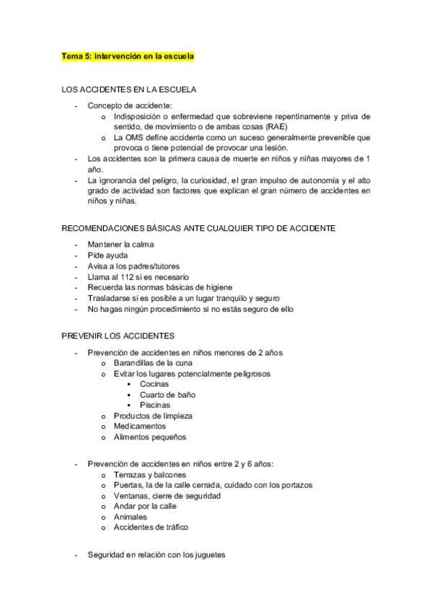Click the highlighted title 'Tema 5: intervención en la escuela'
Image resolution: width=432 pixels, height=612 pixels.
point(128,56)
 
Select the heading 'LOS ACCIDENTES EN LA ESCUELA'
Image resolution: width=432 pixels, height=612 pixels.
point(130,89)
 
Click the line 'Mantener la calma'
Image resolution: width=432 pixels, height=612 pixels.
point(120,245)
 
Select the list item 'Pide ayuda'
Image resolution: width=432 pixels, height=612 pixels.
point(108,255)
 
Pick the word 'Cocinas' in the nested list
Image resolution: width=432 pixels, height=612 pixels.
point(154,385)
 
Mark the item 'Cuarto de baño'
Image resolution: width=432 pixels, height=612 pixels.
point(167,395)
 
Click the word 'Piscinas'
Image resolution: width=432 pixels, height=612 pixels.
point(155,406)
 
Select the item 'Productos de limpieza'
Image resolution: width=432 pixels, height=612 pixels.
point(153,416)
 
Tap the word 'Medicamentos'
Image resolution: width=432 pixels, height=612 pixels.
point(139,427)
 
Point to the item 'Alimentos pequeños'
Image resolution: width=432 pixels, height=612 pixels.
point(150,437)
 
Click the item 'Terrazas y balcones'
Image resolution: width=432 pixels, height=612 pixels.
point(150,475)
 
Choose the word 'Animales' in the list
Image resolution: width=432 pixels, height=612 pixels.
point(131,517)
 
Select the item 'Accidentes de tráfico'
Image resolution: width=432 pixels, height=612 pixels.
point(151,528)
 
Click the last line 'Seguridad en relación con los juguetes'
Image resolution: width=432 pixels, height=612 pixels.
point(157,555)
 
